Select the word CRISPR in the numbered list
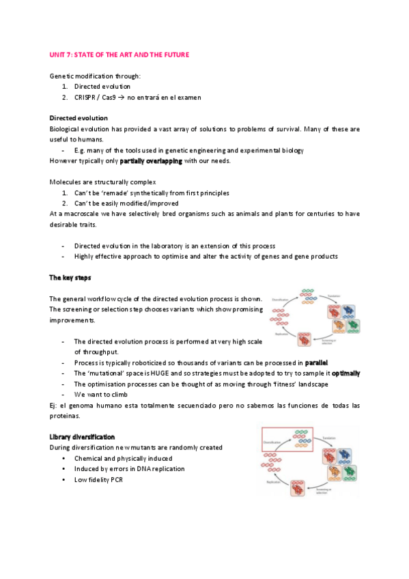[87, 97]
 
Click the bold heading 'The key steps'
[70, 278]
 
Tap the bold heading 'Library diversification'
[82, 437]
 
